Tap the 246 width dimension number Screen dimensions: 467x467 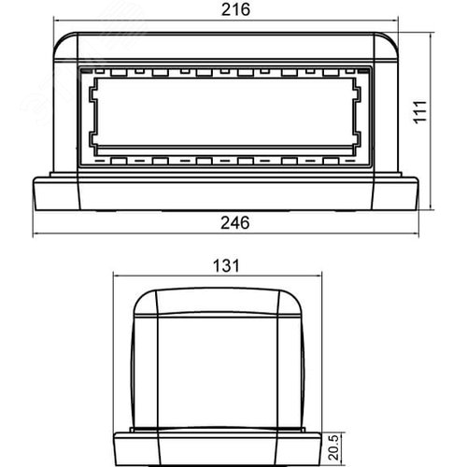[x=233, y=223]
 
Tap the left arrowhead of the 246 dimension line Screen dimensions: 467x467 [x=38, y=233]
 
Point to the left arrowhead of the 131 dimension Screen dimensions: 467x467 [x=117, y=275]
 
